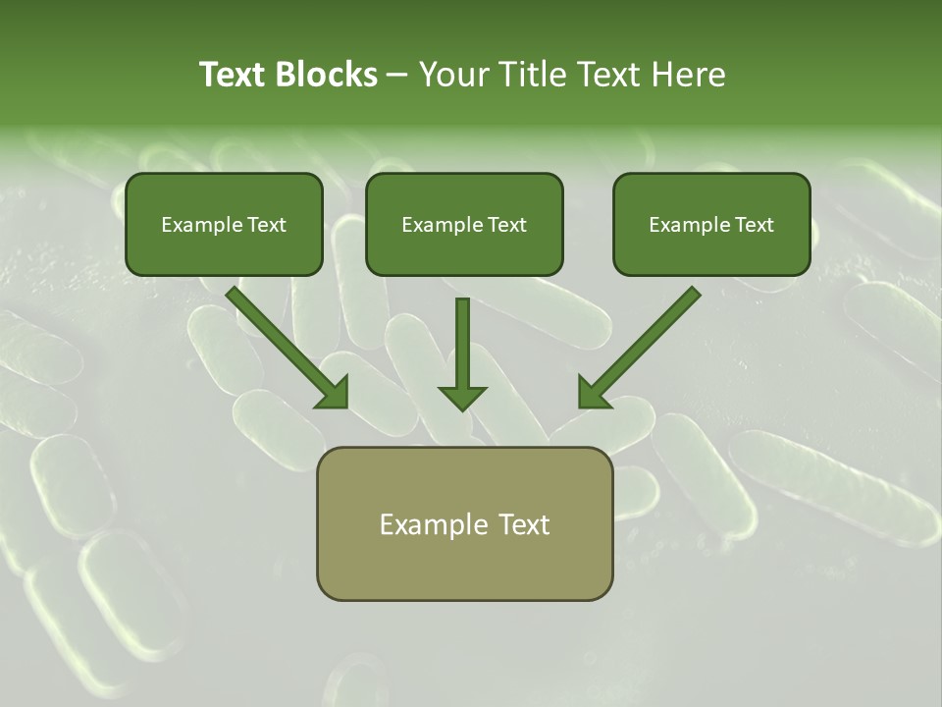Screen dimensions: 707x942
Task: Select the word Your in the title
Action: [x=453, y=75]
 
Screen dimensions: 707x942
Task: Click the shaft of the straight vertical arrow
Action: [x=462, y=339]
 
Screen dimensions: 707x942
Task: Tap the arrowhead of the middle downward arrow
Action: [x=462, y=397]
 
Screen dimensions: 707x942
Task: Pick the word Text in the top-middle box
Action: [x=507, y=225]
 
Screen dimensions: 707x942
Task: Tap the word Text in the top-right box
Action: [x=755, y=225]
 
